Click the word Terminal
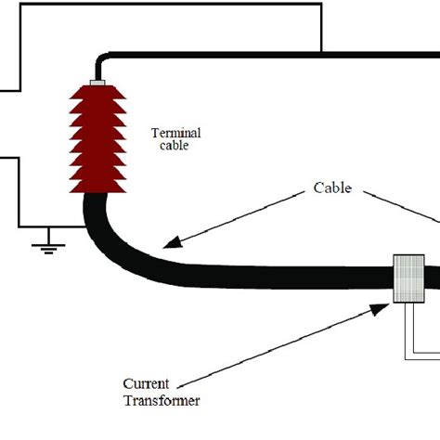tap(175, 133)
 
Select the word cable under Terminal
tap(175, 146)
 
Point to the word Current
tap(146, 383)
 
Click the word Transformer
tap(162, 400)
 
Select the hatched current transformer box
tap(408, 278)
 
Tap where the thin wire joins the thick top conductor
tap(321, 52)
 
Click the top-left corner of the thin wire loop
tap(2, 5)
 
